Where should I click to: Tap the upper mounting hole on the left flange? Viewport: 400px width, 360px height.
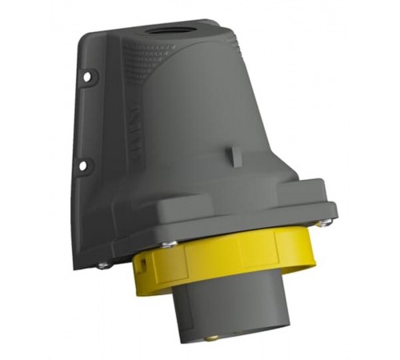[x=86, y=78]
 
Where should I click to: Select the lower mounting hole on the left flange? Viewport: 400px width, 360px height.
[x=82, y=166]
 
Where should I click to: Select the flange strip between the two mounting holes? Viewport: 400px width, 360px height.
[x=84, y=120]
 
